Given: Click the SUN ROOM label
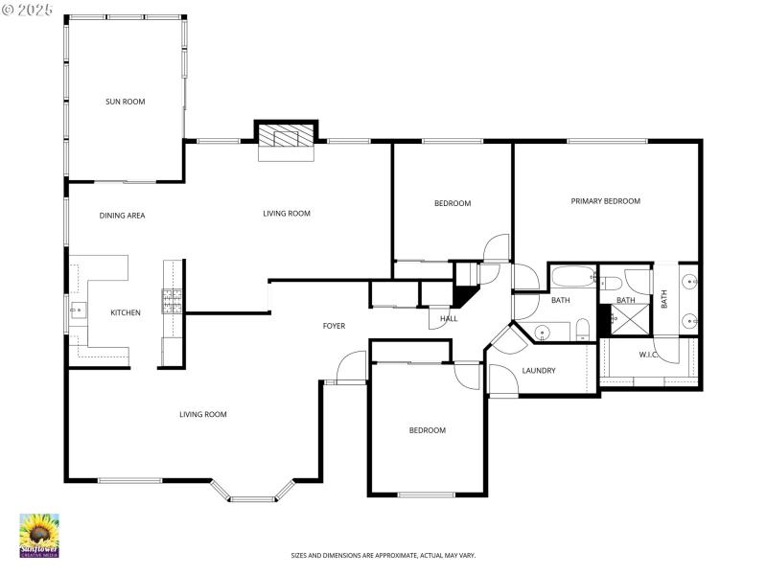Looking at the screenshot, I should coord(125,101).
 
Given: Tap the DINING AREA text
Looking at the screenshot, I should coord(122,216).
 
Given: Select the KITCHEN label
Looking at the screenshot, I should coord(125,312).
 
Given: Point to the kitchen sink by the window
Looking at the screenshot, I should coord(76,310).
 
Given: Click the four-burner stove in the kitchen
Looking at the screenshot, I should coord(172,302).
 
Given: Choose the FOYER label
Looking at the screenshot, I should coord(333,327).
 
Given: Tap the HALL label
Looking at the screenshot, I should coord(449,319).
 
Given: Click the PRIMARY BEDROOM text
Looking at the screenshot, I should coord(605,201).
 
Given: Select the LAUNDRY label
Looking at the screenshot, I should coord(539,371).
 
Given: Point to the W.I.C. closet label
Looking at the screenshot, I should coord(648,355).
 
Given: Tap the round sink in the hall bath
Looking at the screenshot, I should coord(543,333).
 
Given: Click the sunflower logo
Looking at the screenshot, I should coord(39,535).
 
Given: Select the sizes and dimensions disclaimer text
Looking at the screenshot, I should coord(383,555).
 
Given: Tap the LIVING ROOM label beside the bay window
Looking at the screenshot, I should coord(202,415).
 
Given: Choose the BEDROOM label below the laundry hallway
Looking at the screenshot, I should coord(427,430).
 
